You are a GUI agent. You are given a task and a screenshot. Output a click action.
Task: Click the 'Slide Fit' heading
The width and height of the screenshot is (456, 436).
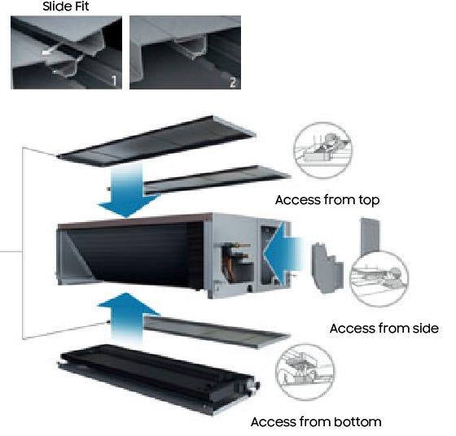[65, 7]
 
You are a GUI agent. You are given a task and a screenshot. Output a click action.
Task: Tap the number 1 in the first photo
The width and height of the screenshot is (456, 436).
[114, 81]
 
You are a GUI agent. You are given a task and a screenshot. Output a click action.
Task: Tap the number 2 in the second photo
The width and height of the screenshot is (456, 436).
[233, 82]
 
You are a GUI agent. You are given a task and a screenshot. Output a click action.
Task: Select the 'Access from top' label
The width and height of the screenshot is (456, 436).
[327, 200]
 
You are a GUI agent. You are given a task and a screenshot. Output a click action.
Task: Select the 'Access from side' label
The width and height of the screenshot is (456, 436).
[384, 329]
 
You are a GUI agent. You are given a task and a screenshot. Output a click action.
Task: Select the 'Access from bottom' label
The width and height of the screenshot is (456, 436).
[316, 422]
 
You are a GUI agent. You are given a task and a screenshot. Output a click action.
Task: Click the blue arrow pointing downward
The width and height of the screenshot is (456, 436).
[128, 190]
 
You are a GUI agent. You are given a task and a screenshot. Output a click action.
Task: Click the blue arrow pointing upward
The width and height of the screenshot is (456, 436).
[128, 318]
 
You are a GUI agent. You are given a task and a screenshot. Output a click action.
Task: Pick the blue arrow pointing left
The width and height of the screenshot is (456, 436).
[282, 254]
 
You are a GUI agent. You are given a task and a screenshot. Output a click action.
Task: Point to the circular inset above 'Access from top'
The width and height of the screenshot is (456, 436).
[322, 150]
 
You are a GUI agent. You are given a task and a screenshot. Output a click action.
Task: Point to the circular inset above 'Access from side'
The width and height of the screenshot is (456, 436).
[379, 279]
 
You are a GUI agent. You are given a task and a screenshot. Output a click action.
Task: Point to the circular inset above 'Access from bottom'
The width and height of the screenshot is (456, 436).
[305, 373]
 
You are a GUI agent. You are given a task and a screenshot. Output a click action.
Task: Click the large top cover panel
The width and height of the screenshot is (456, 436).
[157, 142]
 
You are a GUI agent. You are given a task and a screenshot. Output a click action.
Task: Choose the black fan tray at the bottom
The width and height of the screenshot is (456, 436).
[159, 380]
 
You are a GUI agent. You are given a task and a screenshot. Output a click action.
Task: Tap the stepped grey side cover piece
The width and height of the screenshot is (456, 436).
[327, 268]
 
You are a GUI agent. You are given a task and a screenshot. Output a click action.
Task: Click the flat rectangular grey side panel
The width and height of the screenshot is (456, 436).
[370, 236]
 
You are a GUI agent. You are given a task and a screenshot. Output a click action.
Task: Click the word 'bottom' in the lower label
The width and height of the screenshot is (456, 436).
[357, 422]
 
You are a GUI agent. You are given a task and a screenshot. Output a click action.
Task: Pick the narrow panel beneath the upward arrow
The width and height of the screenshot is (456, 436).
[217, 332]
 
